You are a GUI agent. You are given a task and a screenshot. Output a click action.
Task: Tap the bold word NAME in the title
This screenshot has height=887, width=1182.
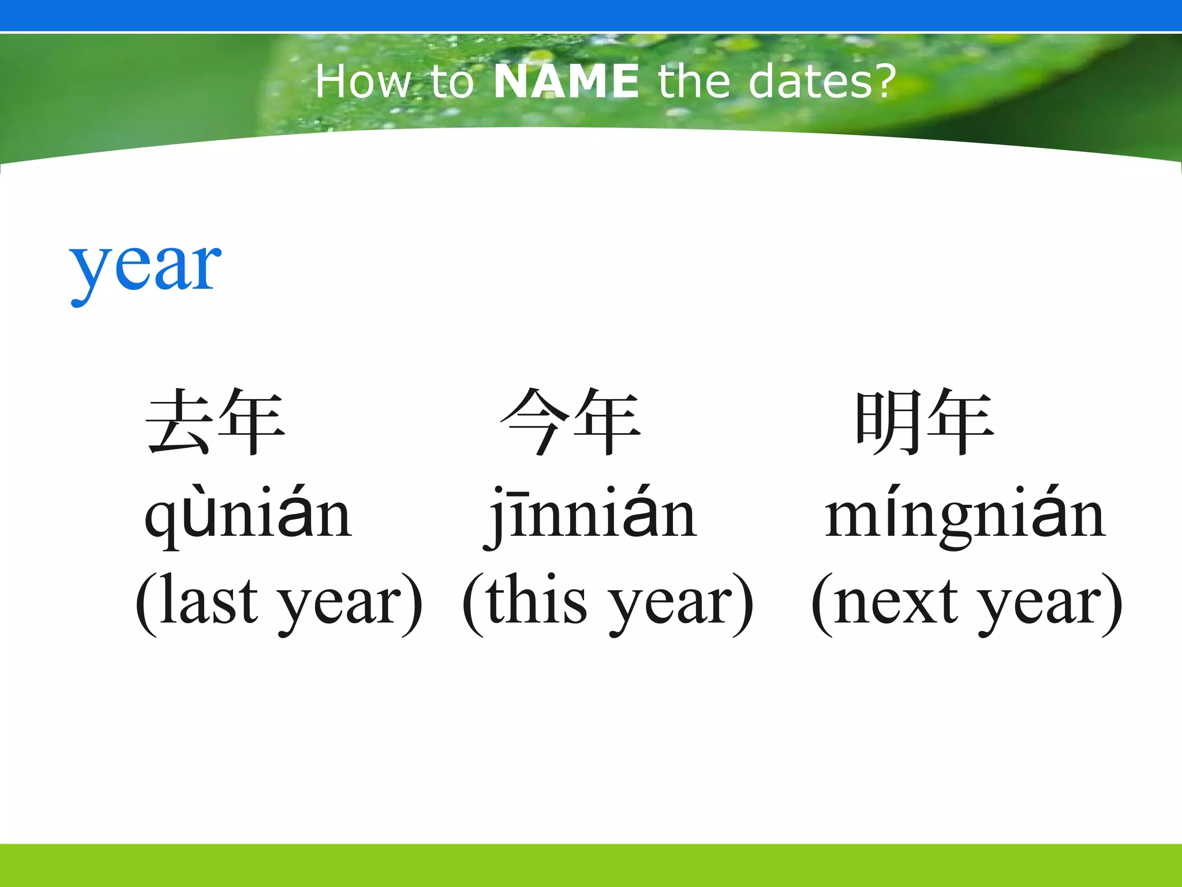click(566, 81)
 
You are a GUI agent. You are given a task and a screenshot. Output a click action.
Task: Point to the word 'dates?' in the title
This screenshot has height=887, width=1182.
click(822, 81)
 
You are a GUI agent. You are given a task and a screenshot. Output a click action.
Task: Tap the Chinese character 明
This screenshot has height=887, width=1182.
click(889, 422)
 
